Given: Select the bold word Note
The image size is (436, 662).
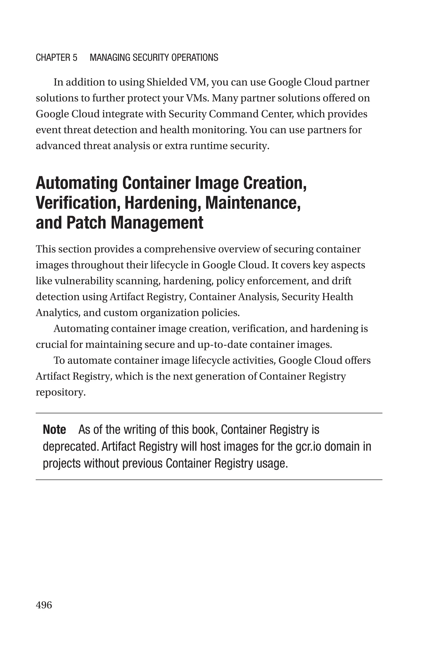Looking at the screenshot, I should pyautogui.click(x=54, y=430).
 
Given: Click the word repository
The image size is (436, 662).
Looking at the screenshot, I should pyautogui.click(x=60, y=392).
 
